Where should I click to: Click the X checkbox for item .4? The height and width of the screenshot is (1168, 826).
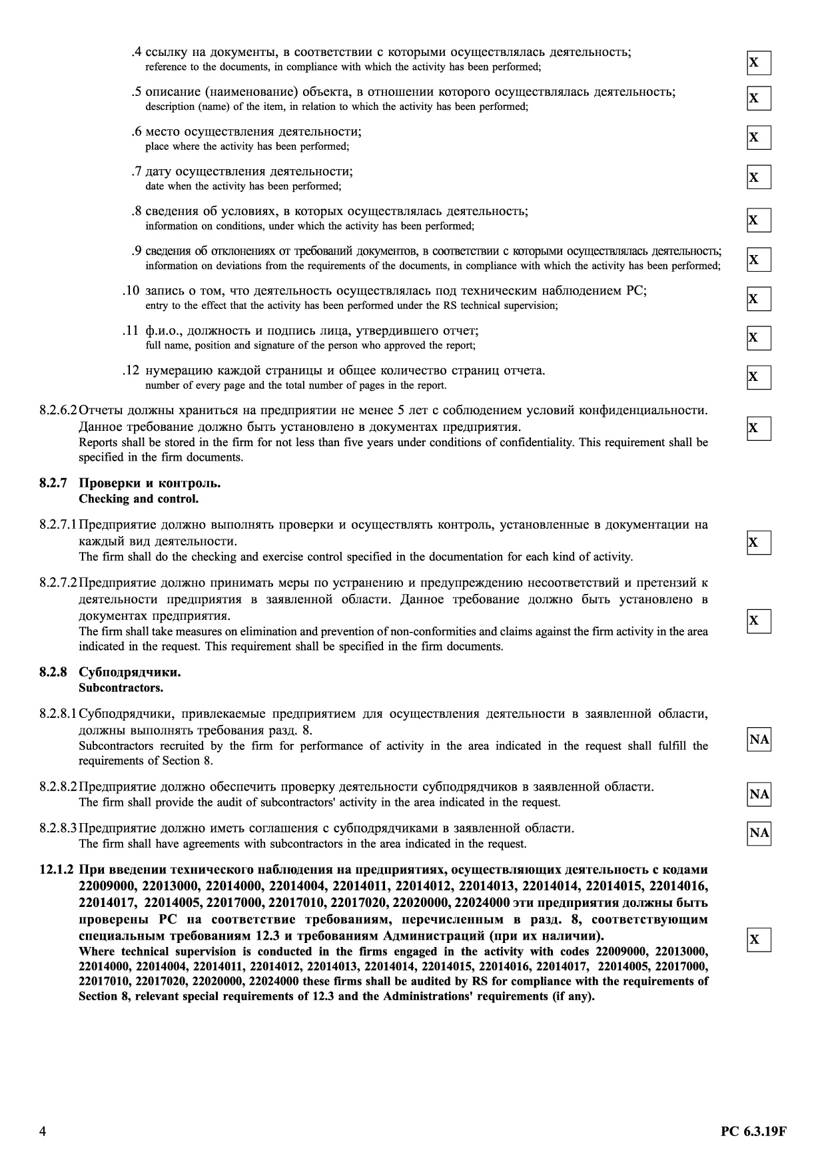[759, 63]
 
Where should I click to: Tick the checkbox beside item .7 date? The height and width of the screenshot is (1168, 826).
[759, 178]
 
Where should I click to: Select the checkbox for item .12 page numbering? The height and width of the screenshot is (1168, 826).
[759, 378]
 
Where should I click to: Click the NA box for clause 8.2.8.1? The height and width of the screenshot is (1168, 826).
[759, 740]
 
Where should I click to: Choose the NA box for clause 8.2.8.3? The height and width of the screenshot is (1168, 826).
[759, 833]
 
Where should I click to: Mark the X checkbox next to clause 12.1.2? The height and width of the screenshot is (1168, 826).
[759, 940]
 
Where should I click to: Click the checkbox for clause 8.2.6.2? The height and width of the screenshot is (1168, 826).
[759, 428]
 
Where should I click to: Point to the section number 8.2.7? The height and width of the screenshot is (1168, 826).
[53, 483]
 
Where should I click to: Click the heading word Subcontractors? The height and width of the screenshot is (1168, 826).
[121, 687]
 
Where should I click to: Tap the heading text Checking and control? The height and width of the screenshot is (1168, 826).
[139, 499]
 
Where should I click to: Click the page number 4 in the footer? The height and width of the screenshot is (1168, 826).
[43, 1131]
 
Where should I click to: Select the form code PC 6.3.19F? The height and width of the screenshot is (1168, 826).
[753, 1131]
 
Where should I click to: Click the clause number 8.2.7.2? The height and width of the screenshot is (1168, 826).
[59, 583]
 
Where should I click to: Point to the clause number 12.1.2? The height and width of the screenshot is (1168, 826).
[57, 870]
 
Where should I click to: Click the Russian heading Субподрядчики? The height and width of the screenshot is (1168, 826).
[130, 672]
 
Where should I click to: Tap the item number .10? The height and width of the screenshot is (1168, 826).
[131, 291]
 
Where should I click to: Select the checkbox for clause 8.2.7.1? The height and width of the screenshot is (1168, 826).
[759, 543]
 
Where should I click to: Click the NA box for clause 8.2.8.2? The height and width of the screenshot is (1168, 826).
[759, 794]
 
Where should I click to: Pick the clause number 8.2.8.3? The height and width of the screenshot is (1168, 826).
[59, 828]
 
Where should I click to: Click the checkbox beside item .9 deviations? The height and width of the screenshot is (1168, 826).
[759, 260]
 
